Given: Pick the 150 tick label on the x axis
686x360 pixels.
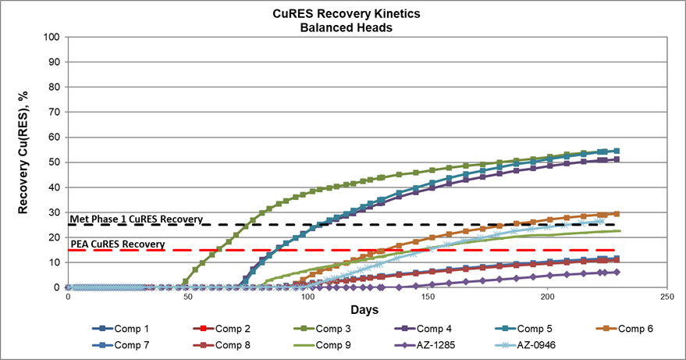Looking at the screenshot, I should coord(427,298).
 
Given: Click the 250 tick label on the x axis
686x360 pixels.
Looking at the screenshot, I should coord(666,298).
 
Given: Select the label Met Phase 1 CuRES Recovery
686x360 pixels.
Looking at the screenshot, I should coord(137,219).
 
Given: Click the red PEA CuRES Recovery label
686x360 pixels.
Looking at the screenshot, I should coord(117,244).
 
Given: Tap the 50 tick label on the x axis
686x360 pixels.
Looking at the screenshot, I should coord(188,298).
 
